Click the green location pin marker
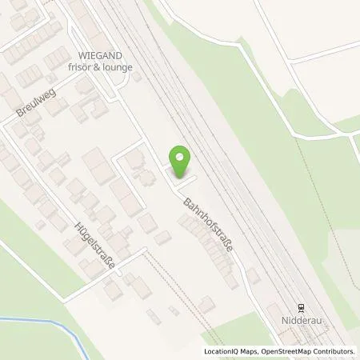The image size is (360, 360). [181, 162]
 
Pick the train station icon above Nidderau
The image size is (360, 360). [301, 306]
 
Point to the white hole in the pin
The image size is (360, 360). [181, 158]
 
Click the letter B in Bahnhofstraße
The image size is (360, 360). [187, 202]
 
